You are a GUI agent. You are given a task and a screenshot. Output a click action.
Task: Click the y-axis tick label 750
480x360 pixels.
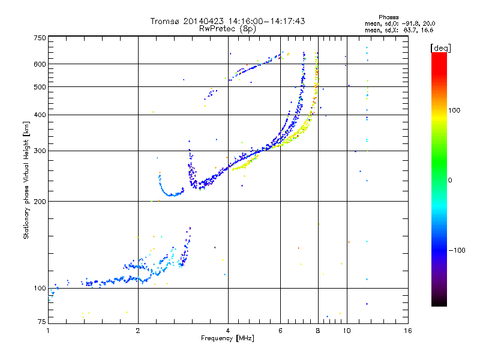coord(40,37)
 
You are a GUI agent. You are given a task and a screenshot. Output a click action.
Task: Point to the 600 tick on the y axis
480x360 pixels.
coord(40,64)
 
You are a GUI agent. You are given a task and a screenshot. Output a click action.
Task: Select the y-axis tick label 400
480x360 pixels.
coord(40,115)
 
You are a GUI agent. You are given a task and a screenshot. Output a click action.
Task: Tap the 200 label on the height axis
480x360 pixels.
coord(40,201)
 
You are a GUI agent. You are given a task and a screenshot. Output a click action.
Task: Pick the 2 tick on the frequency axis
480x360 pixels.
coord(138,331)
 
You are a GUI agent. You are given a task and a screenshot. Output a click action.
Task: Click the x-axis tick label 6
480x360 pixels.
coord(280,331)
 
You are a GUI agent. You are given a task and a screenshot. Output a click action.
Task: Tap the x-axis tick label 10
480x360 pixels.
coord(346,331)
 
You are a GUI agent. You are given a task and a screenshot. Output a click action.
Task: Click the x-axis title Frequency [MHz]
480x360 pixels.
coord(227,338)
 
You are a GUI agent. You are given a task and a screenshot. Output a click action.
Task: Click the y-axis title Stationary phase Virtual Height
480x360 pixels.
coord(26,181)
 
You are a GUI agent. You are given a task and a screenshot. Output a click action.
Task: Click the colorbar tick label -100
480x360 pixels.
coord(458,250)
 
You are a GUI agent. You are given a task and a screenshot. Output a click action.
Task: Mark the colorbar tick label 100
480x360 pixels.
coord(457,110)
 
